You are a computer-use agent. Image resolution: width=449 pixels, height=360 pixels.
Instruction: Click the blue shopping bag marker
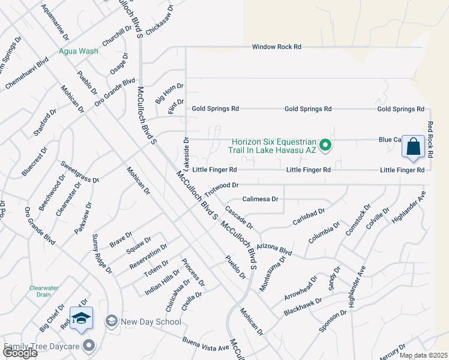tap(414, 146)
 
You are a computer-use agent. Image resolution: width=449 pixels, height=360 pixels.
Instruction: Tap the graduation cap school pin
tap(81, 318)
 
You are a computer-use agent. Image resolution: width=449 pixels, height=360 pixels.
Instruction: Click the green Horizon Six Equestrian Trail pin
tap(325, 145)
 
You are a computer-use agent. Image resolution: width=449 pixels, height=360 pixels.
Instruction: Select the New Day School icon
tap(111, 322)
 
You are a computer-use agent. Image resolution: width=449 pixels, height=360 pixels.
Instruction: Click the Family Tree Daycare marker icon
tap(89, 345)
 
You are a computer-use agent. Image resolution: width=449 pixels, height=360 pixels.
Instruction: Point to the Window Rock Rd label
tap(276, 47)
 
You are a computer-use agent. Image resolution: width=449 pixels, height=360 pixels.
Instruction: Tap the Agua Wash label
tap(78, 51)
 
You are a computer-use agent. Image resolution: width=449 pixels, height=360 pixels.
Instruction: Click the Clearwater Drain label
tap(44, 291)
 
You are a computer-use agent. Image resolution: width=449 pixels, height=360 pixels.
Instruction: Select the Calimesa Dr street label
tap(261, 199)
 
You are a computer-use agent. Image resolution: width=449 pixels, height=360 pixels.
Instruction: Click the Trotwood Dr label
tap(221, 190)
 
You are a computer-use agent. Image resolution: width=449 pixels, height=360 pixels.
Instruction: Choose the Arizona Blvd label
tap(274, 247)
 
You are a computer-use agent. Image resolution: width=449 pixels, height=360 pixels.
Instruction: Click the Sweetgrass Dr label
tap(79, 172)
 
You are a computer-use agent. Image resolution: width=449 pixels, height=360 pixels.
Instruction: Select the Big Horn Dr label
tap(165, 94)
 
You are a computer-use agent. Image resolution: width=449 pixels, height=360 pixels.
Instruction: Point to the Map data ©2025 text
tap(423, 355)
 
